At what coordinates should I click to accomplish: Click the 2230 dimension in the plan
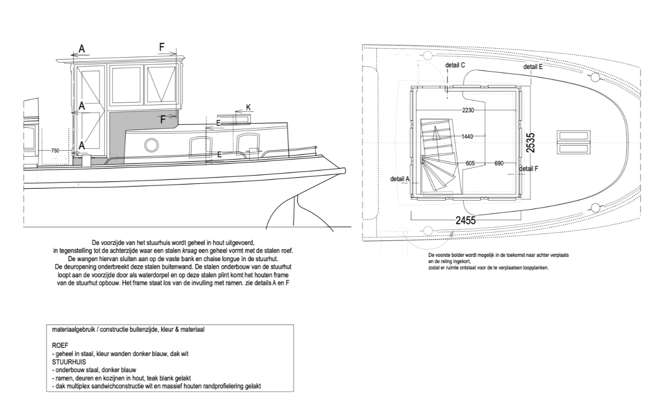tap(468, 110)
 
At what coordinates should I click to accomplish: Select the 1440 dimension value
tap(467, 137)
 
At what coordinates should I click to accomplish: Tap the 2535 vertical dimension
tap(530, 143)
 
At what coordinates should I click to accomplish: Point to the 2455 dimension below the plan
tap(465, 220)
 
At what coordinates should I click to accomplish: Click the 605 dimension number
tap(470, 163)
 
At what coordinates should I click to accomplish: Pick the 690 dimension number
tap(499, 163)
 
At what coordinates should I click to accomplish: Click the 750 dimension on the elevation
tap(55, 151)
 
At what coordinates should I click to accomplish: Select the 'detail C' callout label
tap(455, 65)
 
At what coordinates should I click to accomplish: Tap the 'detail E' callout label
tap(533, 67)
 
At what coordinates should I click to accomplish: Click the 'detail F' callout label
tap(529, 169)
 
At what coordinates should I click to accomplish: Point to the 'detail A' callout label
tap(400, 179)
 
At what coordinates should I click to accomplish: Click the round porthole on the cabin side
tap(152, 145)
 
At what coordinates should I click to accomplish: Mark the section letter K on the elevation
tap(248, 108)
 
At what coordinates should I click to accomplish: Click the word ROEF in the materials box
tap(60, 346)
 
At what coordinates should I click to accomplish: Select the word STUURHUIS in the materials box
tap(69, 362)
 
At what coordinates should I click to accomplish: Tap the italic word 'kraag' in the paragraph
tap(189, 251)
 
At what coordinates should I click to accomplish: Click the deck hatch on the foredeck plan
tap(574, 143)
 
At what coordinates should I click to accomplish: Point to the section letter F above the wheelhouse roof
tap(162, 47)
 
